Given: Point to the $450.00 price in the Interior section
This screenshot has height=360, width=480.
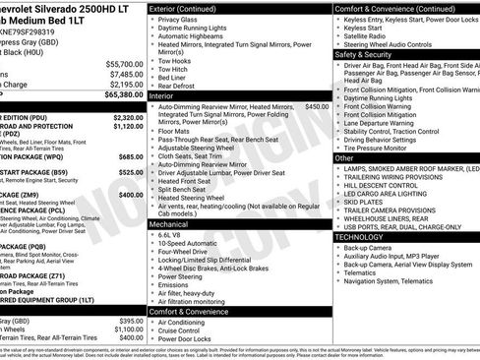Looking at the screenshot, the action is pos(317,105).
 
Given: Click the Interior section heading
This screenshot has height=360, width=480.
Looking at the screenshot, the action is pos(161,96).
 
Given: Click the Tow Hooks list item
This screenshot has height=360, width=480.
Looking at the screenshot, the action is pos(175,61).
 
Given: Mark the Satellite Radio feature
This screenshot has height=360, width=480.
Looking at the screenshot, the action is pos(370,36).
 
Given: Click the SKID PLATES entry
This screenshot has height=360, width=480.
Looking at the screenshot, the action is pos(366,202).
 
